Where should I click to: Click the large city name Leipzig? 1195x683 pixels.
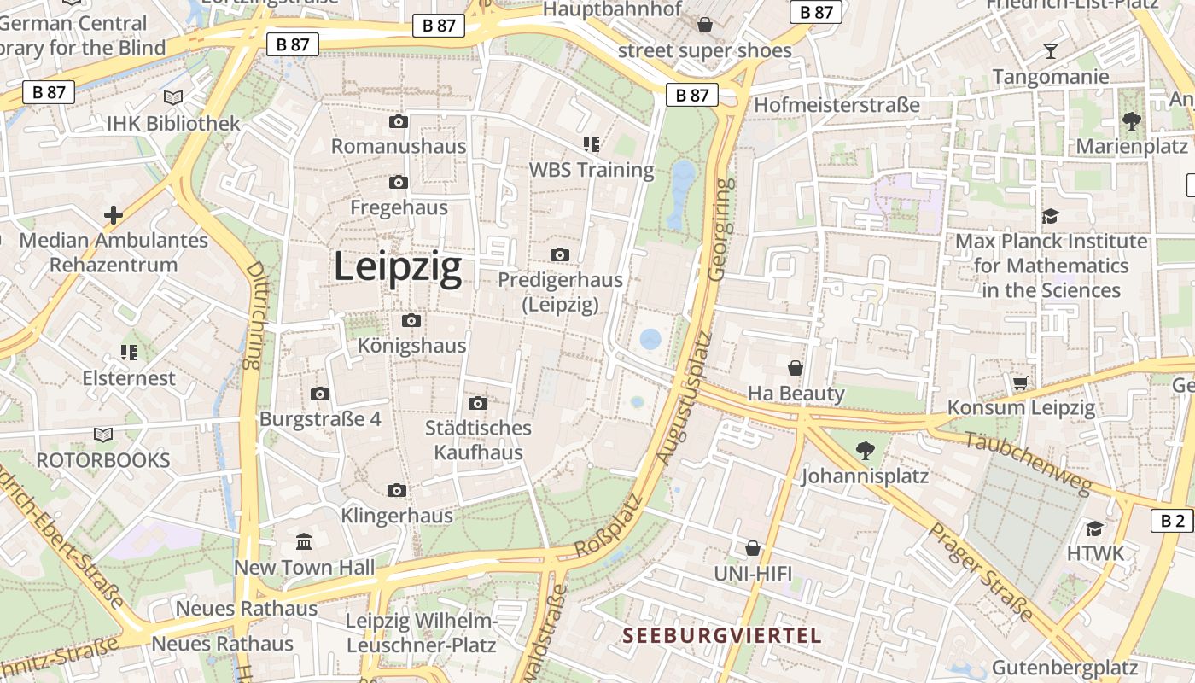tap(397, 267)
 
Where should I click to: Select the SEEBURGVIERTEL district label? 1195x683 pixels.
tap(721, 635)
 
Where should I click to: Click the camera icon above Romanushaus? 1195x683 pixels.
tap(398, 122)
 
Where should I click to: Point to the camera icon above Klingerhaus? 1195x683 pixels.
tap(396, 490)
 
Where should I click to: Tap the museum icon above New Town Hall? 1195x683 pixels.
tap(304, 541)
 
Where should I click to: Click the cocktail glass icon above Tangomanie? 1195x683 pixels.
tap(1051, 51)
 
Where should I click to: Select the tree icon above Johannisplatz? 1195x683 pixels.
tap(865, 449)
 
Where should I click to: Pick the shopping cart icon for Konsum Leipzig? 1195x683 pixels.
tap(1020, 382)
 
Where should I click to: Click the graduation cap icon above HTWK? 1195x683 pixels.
tap(1095, 528)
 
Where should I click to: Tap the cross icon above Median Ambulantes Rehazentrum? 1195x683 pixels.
tap(113, 214)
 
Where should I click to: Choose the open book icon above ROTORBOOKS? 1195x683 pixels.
tap(103, 435)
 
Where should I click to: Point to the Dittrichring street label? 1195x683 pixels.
tap(254, 315)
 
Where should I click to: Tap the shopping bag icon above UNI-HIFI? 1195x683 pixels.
tap(752, 547)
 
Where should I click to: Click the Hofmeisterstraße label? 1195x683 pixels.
tap(836, 105)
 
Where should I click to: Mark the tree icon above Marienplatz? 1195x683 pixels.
tap(1132, 121)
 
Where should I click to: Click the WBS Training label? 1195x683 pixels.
tap(592, 169)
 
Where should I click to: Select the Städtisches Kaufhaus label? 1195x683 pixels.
tap(478, 440)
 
